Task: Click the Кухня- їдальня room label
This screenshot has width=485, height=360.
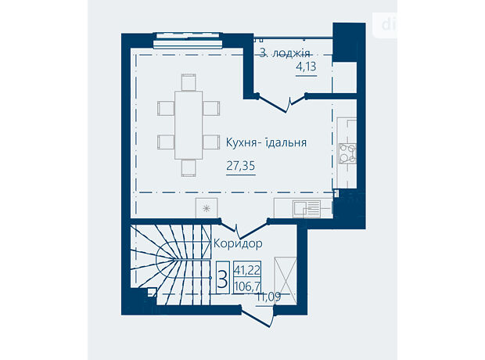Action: pos(266,142)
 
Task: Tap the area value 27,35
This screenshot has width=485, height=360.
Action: pos(241,166)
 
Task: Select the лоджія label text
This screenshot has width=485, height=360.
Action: pos(290,53)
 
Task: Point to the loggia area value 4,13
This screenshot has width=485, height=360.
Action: pos(306,67)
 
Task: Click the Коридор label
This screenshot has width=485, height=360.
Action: pos(238,243)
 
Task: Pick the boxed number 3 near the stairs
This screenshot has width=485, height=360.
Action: pos(222,278)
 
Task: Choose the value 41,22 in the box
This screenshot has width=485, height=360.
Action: pos(247,270)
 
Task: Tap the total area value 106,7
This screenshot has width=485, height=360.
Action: pos(247,286)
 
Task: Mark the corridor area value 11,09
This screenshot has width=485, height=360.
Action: pos(268,297)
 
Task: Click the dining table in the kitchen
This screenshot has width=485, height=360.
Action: pos(189,125)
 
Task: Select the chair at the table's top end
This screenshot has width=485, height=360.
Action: pos(189,82)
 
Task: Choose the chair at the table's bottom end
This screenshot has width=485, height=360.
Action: pos(189,167)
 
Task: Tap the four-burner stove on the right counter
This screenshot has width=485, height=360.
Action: pos(347,153)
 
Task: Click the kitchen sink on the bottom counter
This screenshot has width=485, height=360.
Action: pos(306,209)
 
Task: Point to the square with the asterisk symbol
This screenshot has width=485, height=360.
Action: pos(207,208)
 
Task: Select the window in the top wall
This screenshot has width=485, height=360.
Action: pos(189,40)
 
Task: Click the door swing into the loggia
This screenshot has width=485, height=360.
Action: pos(282,103)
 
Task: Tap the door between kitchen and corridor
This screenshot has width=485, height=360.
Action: pos(243,228)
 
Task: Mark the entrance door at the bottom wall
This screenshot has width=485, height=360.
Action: pos(257,315)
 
